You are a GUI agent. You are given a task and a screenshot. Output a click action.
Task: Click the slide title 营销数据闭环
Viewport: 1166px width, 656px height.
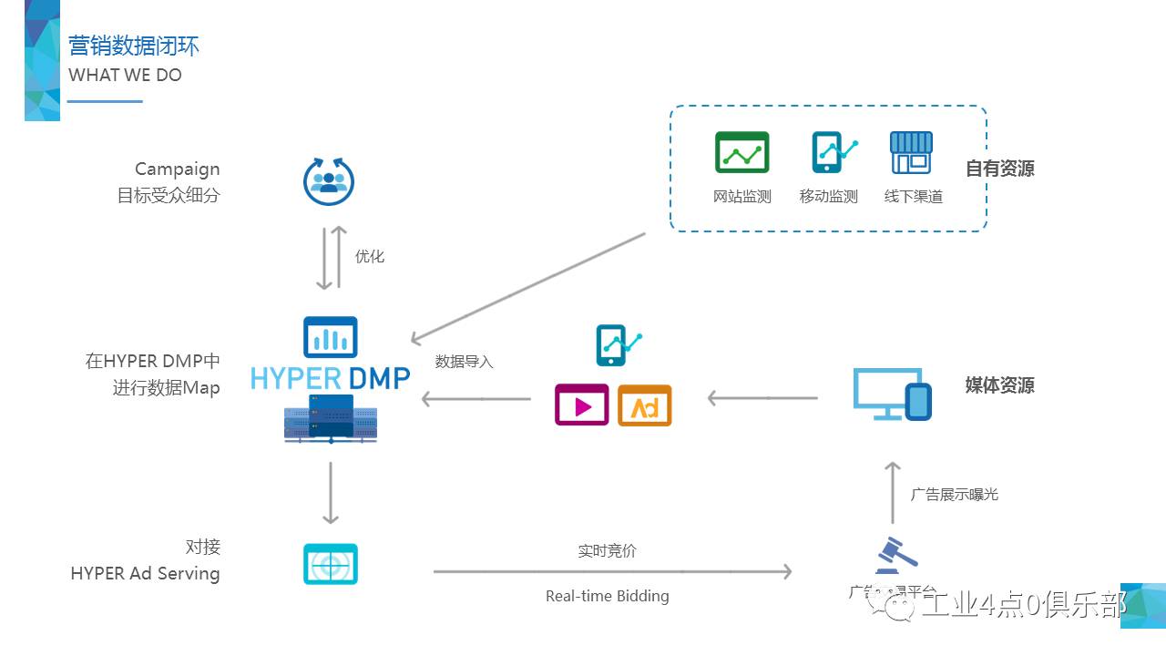point(134,46)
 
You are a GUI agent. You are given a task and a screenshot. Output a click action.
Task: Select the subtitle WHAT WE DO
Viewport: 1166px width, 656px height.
point(125,76)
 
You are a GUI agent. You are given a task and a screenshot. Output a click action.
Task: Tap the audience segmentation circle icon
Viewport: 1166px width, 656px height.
point(328,180)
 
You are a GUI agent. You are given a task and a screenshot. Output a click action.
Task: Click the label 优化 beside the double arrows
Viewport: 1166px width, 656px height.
point(370,256)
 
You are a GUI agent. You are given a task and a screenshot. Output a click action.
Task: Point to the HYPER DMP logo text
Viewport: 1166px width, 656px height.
point(330,377)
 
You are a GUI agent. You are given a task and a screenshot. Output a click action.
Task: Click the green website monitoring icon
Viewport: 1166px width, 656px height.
point(742,152)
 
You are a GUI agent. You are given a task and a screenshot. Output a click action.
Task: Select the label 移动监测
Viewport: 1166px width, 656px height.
point(828,196)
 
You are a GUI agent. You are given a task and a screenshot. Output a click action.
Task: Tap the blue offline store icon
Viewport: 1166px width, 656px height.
point(911,152)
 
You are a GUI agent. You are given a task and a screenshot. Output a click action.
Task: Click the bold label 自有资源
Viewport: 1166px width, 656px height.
point(999,169)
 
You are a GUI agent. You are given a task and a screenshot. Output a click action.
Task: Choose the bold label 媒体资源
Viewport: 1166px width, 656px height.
point(999,384)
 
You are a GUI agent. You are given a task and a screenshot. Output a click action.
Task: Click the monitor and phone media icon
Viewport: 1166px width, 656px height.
point(892,394)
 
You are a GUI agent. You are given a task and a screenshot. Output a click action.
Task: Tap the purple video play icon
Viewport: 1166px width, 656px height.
point(581,405)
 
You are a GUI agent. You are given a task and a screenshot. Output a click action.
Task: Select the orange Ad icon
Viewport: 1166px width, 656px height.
point(644,405)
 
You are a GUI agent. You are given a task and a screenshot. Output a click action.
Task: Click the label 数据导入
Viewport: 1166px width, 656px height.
point(464,362)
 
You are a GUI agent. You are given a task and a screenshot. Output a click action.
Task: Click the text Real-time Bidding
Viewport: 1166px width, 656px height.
point(607,596)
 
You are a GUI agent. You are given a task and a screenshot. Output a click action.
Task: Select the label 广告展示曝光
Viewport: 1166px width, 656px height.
point(954,494)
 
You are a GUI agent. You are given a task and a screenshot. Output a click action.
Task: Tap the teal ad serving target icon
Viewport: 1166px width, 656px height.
point(330,564)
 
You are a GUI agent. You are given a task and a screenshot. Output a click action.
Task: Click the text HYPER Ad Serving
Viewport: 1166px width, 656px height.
point(145,573)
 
